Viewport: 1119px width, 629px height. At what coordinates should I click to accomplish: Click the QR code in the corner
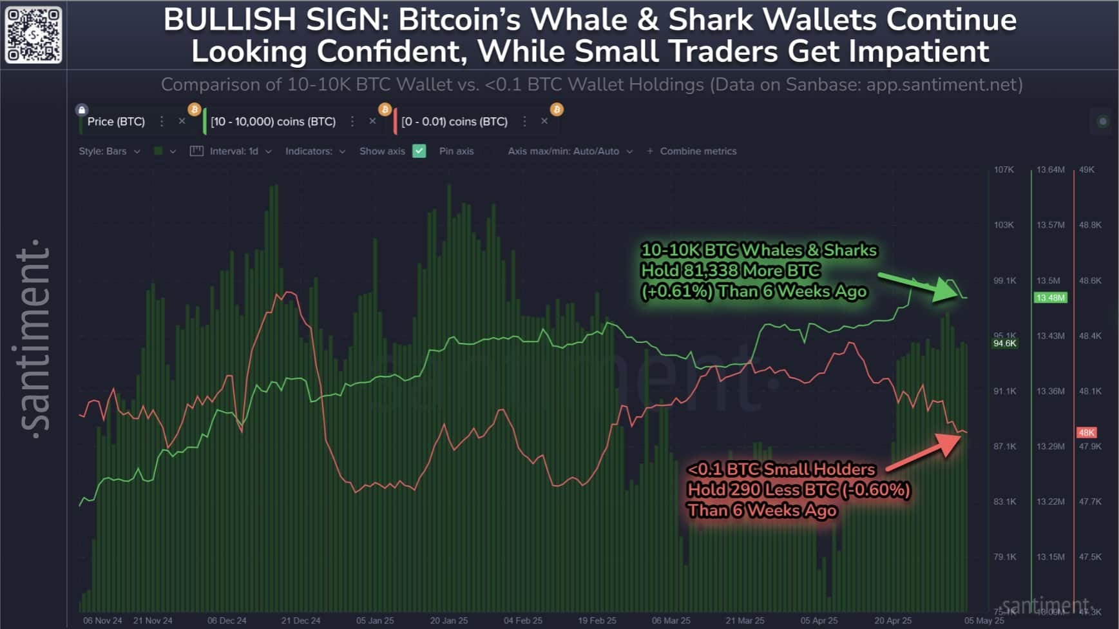click(x=33, y=35)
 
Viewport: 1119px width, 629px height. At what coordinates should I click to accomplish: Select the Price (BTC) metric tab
click(x=116, y=121)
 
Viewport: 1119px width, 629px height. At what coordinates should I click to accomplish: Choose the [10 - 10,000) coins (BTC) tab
click(x=273, y=121)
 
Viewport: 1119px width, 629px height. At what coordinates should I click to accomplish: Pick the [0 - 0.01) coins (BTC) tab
click(x=454, y=121)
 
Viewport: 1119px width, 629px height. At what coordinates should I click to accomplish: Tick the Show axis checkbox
click(x=419, y=151)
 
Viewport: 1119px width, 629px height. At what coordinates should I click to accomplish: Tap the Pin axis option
click(x=456, y=151)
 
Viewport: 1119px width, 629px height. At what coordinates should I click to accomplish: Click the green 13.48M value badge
click(x=1050, y=298)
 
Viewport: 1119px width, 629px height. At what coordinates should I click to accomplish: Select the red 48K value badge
click(x=1087, y=432)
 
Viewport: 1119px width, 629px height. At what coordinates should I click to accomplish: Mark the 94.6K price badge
click(x=1005, y=344)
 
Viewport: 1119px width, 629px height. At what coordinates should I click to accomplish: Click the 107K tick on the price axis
click(x=1004, y=169)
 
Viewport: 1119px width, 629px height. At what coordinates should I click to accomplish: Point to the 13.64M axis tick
click(x=1050, y=169)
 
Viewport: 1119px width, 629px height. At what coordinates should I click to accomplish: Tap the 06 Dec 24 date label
click(x=227, y=621)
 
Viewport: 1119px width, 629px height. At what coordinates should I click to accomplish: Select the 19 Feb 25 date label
click(x=597, y=621)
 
